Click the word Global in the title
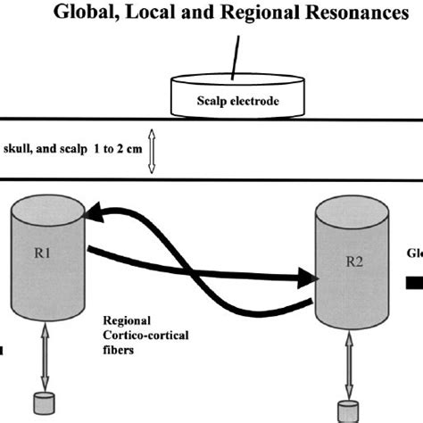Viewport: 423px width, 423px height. [106, 14]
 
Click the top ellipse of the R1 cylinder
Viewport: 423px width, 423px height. [46, 213]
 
